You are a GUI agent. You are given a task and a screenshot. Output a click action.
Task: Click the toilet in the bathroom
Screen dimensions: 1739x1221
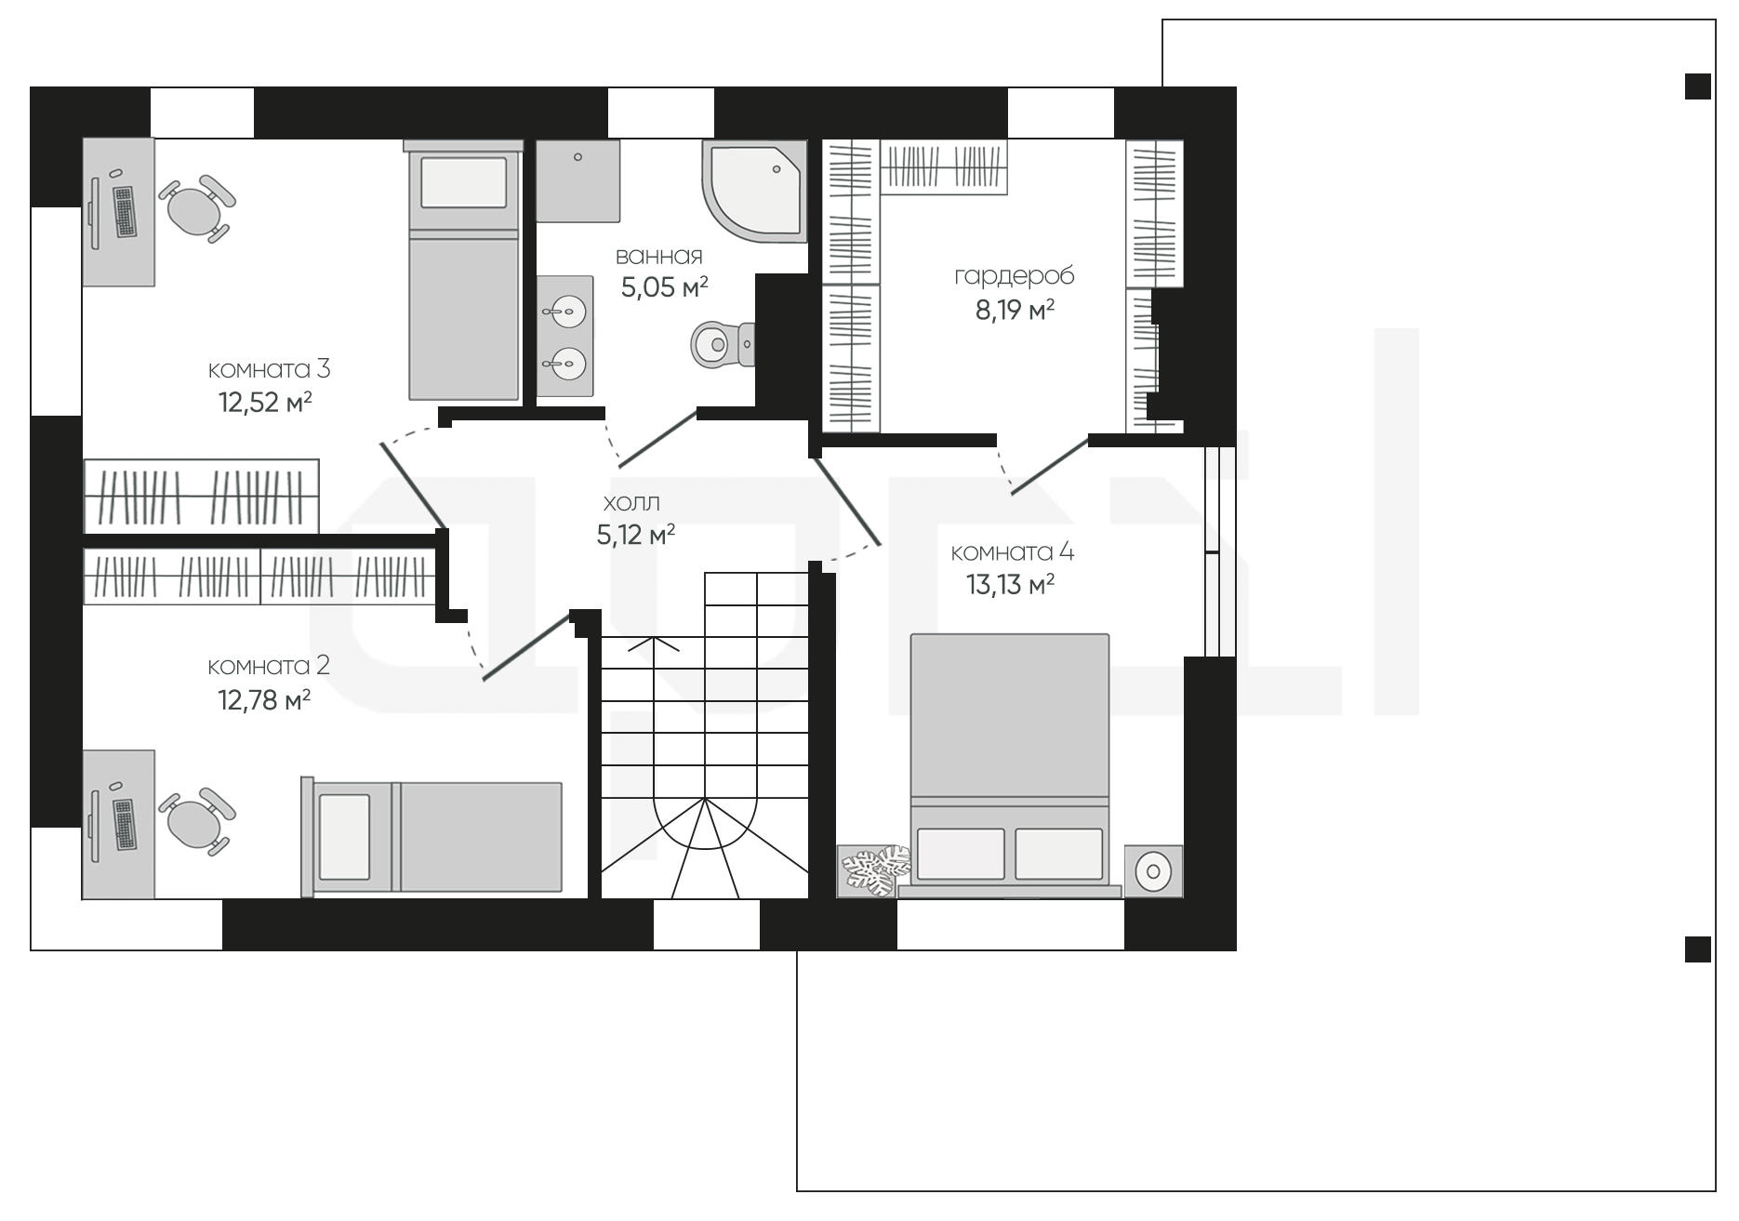coord(723,344)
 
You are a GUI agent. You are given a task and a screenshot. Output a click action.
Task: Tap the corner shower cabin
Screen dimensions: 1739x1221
coord(753,191)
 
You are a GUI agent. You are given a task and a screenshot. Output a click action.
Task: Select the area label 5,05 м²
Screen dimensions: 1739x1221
coord(664,287)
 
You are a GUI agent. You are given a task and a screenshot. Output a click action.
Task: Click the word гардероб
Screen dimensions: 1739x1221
coord(1014,276)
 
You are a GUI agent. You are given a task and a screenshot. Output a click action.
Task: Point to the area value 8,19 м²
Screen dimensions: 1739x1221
coord(1014,310)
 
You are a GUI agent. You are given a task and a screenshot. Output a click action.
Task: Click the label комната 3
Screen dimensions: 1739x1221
coord(269,369)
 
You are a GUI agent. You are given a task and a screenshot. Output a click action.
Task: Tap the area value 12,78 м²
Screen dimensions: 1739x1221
coord(264,699)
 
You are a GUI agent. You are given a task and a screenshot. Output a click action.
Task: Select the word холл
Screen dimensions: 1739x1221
coord(631,503)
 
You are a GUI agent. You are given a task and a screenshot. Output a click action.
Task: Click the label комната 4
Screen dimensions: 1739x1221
coord(1012,552)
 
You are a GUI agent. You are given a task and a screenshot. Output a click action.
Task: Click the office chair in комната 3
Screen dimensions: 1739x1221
coord(197,208)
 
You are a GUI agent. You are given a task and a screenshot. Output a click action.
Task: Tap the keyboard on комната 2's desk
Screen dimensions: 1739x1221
coord(124,823)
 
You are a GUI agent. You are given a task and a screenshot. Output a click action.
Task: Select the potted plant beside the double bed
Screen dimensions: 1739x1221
coord(874,870)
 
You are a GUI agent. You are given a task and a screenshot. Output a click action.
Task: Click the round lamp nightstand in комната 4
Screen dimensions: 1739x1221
coord(1153,871)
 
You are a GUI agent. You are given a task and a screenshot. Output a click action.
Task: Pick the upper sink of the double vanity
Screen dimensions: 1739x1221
coord(564,308)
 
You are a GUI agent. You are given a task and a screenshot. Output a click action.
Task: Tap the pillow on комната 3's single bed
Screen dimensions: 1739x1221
coord(463,182)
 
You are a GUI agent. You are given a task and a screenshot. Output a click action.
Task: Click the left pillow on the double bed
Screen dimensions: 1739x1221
coord(961,854)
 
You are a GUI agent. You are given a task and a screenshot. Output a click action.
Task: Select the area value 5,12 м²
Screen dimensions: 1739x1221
coord(636,536)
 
